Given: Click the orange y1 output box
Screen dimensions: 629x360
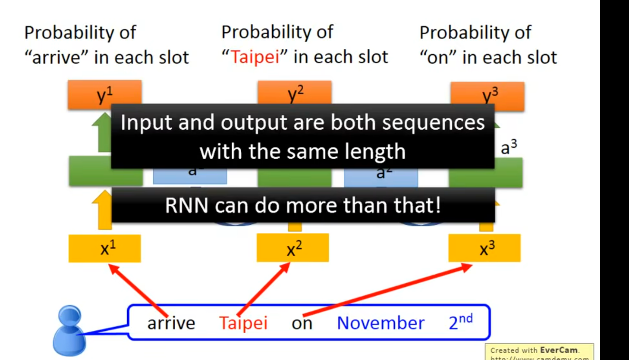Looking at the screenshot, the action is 104,93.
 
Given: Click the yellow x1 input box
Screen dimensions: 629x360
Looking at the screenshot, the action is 104,248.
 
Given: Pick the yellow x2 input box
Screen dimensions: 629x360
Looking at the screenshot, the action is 292,248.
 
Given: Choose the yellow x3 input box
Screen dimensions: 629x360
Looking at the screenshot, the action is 484,248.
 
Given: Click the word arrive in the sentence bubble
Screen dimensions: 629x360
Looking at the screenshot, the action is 171,323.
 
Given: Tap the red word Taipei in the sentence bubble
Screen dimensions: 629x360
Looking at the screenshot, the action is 243,323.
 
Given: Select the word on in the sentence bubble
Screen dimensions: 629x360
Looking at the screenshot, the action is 302,323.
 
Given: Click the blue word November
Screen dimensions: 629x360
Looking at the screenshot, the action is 381,323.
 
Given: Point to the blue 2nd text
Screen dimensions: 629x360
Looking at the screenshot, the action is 460,322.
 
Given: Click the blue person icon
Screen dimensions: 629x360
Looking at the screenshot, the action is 69,331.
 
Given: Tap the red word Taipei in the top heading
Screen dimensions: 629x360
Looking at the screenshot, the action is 255,57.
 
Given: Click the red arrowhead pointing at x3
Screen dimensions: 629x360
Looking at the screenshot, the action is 467,267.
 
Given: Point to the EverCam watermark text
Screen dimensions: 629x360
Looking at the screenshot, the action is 559,350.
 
